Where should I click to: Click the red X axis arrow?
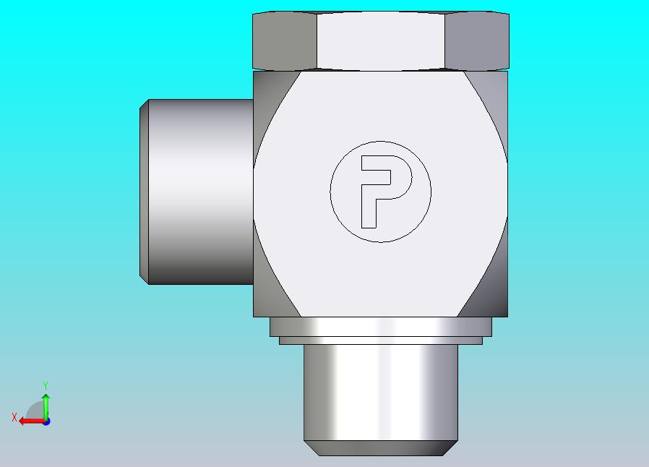[x=33, y=421]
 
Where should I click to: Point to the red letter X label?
[x=14, y=417]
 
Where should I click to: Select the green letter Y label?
[x=46, y=386]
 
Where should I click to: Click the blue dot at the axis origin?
[x=46, y=421]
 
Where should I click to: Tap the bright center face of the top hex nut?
[x=381, y=40]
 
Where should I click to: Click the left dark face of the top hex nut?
[x=285, y=40]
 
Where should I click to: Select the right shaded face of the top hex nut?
[x=477, y=40]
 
